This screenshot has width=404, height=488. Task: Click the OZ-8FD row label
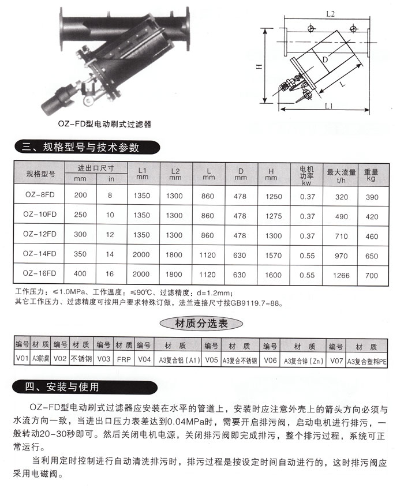click(39, 196)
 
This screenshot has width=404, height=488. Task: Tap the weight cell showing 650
click(371, 255)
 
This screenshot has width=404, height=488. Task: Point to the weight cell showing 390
click(371, 197)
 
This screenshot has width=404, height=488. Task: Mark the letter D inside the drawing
click(326, 59)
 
